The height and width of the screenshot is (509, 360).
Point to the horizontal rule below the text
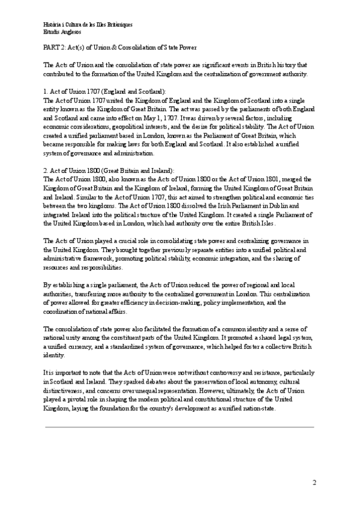click(179, 427)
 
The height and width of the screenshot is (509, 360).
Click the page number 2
click(314, 483)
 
